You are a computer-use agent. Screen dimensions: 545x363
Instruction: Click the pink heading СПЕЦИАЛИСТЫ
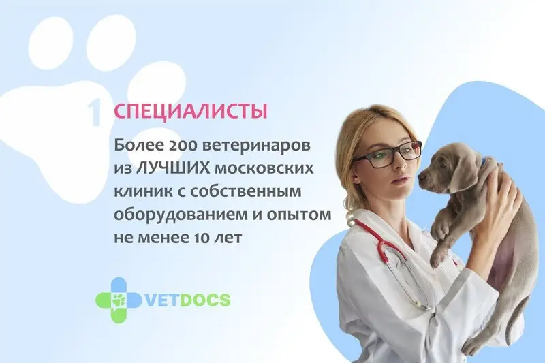tap(191, 111)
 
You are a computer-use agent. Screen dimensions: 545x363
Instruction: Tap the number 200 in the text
tap(181, 145)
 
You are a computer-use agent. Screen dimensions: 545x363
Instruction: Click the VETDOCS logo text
tap(187, 300)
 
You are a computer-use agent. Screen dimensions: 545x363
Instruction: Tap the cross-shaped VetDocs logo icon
tap(118, 300)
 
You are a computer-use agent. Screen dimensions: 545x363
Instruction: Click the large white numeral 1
tap(95, 112)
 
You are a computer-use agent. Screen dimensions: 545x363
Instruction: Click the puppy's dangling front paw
tap(439, 230)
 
